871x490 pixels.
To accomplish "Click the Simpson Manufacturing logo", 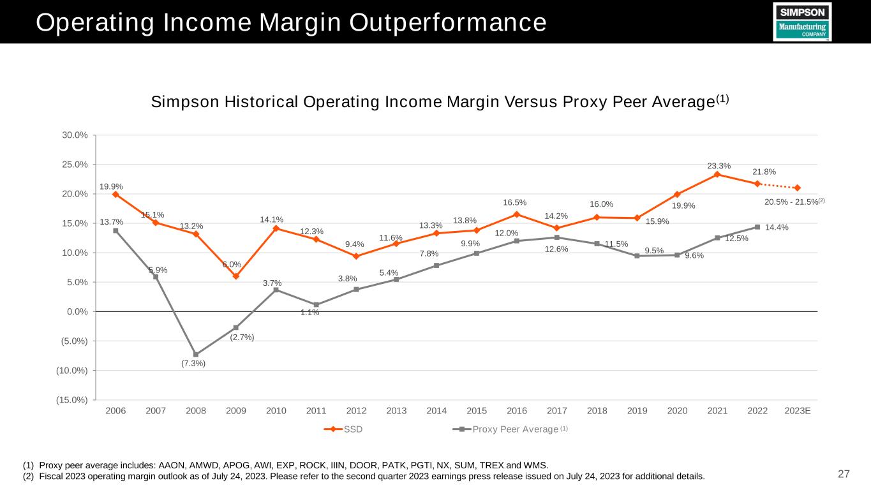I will (x=802, y=22).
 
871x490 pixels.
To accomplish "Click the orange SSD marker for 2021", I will (x=717, y=174).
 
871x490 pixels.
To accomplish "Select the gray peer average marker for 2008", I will (x=196, y=354).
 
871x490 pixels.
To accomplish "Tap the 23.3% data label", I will (x=719, y=166).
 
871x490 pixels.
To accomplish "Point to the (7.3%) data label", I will (x=193, y=364).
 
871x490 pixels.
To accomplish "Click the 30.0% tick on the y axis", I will (x=74, y=135).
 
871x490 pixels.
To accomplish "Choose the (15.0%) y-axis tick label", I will (x=71, y=400).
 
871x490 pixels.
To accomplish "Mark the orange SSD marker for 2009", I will (x=236, y=276).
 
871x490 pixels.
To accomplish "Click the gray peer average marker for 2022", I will (x=757, y=226).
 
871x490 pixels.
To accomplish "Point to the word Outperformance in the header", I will (x=442, y=22).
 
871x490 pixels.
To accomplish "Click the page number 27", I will (x=844, y=473).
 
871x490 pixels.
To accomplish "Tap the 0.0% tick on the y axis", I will (x=77, y=311).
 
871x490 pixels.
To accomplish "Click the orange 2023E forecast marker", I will (x=798, y=188).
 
